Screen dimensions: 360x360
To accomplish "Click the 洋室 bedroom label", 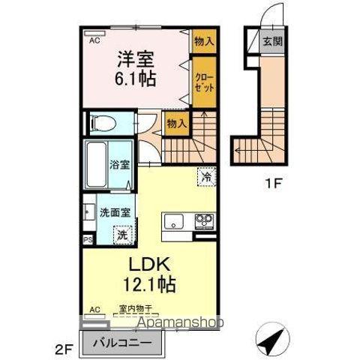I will (135, 58).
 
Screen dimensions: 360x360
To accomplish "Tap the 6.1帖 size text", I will (135, 78).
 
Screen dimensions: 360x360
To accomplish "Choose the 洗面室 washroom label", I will (115, 211).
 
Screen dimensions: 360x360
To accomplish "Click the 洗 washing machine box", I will (122, 234).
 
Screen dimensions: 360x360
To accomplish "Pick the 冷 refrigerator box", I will (205, 177).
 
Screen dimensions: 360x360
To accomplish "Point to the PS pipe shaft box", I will (88, 241).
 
